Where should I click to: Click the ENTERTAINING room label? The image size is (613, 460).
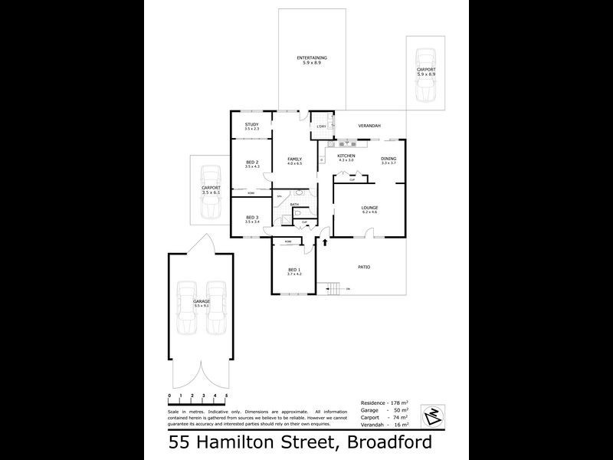312,58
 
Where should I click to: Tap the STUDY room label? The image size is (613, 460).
251,124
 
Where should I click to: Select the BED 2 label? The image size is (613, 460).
252,162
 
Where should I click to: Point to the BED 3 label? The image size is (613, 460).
252,218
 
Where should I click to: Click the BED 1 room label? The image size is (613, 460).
294,270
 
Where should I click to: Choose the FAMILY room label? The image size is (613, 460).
294,159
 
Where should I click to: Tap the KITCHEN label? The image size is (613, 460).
346,156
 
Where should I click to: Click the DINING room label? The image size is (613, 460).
388,159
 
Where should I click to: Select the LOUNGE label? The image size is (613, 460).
370,208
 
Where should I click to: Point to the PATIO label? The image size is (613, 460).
364,267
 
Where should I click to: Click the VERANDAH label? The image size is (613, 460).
369,126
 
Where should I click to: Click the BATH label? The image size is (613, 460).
294,205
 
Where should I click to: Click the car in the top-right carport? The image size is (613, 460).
425,75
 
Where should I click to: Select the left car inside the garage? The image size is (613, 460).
187,308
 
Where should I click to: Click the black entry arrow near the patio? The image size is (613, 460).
326,242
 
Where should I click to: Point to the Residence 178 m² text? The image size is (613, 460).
384,402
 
